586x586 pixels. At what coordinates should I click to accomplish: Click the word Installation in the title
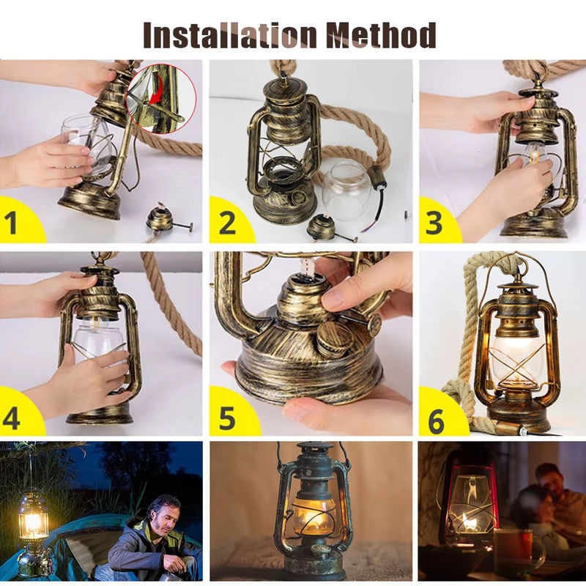(x=230, y=34)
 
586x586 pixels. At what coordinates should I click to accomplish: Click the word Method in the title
(x=381, y=34)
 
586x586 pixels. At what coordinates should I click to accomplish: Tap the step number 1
(x=11, y=223)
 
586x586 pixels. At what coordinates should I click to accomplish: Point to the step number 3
(x=434, y=223)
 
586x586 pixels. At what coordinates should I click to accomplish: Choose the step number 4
(x=11, y=418)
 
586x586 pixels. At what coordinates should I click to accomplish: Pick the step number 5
(x=227, y=418)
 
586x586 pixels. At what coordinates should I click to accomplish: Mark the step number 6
(x=437, y=420)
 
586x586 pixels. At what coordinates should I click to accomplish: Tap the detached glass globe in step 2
(x=346, y=190)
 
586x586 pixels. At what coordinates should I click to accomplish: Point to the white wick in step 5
(x=306, y=270)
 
